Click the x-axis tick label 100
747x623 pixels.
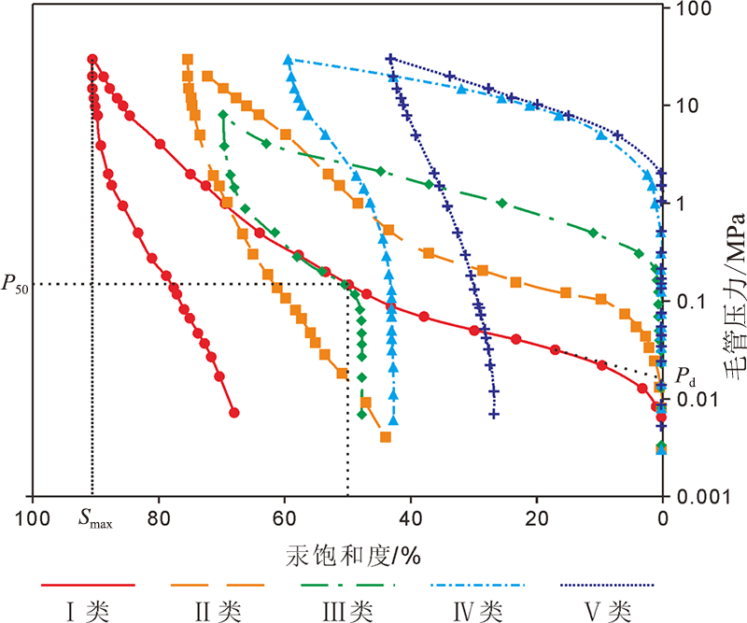(x=32, y=519)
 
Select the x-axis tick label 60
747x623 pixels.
(x=284, y=519)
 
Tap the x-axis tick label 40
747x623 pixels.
(x=411, y=519)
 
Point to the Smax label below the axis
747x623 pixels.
(x=94, y=521)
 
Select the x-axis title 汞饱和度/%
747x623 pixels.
(x=353, y=556)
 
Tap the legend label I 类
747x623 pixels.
(x=89, y=611)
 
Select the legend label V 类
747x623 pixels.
(x=608, y=611)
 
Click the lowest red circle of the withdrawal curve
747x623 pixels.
(x=234, y=412)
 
